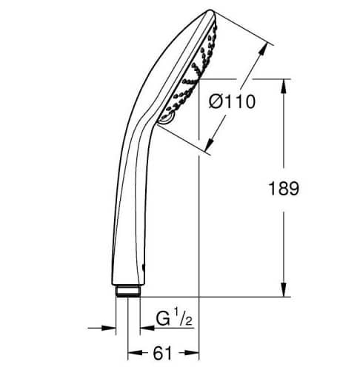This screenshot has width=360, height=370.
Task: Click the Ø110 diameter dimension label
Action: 232,101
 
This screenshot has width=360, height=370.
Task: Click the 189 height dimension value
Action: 284,189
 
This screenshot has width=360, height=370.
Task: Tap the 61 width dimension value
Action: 162,353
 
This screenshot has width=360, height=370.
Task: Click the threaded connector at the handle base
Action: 128,291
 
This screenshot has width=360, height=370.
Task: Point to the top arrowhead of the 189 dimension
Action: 284,86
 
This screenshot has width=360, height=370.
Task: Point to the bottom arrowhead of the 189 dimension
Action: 284,289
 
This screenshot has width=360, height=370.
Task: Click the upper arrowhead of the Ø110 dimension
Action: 263,50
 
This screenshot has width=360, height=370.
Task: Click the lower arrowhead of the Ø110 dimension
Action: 210,145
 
